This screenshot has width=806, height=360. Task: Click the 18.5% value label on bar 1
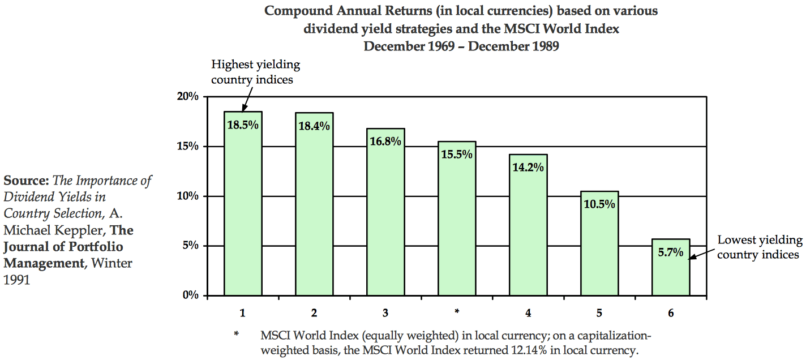click(x=243, y=126)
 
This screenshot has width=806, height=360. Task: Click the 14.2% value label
click(x=528, y=168)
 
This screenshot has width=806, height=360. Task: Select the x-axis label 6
click(x=671, y=312)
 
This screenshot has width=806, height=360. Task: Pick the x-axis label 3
click(x=385, y=312)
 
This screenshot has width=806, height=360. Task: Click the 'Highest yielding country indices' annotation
click(x=255, y=72)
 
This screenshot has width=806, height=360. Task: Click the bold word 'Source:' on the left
click(x=26, y=181)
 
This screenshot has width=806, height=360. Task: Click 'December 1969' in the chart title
click(x=409, y=46)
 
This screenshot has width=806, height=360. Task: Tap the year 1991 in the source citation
click(x=16, y=280)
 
